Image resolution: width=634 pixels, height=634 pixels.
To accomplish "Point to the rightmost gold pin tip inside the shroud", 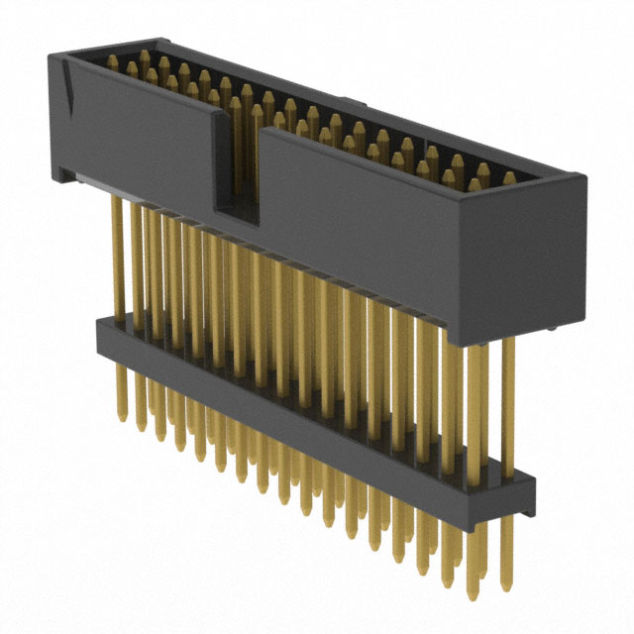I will click(509, 178).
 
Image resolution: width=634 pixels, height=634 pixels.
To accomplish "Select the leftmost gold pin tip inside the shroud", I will click(128, 56).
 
